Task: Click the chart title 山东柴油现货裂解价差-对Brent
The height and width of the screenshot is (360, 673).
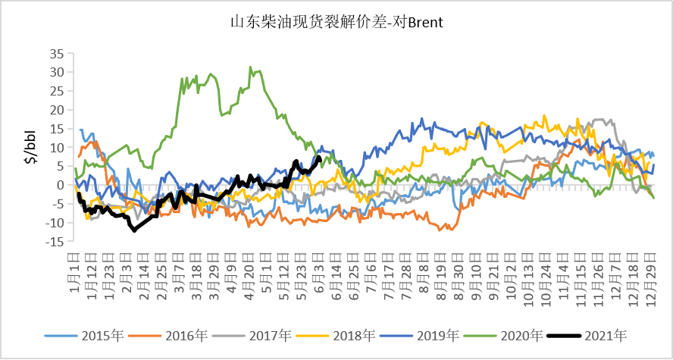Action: [336, 22]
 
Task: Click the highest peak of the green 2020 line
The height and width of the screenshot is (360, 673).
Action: [250, 67]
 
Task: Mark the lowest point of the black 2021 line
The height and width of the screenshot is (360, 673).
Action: [134, 230]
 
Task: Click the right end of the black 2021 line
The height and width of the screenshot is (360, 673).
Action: [319, 158]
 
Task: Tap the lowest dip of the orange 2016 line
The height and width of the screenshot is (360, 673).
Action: [441, 230]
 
